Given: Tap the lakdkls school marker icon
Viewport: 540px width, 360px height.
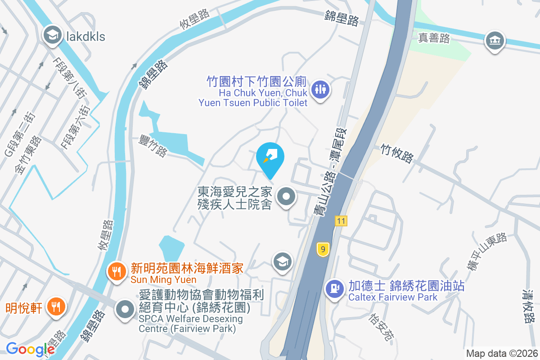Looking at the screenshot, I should point(53,35).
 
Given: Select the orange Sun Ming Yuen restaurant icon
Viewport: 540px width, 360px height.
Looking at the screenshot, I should point(117,271).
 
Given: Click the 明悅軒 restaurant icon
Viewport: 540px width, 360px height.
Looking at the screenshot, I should point(56,307).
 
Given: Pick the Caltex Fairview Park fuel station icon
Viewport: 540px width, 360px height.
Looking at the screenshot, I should point(334,287).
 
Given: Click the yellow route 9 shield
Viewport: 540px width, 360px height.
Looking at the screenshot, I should point(323,249).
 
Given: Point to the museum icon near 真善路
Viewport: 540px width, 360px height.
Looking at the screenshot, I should point(495,41).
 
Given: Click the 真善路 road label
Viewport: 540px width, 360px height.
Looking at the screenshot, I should point(434,38).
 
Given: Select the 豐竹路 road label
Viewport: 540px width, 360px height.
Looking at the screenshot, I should point(153,144).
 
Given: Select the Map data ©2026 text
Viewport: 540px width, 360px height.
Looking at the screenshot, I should point(501,354).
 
